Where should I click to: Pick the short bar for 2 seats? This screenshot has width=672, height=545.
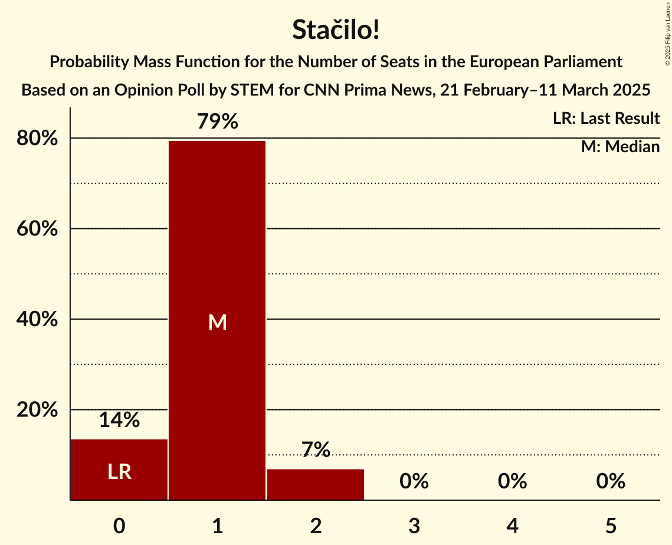(x=316, y=484)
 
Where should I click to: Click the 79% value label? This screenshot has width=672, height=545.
(x=217, y=122)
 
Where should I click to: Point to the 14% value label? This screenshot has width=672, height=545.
(x=119, y=421)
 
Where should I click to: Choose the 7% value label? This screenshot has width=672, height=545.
(x=316, y=450)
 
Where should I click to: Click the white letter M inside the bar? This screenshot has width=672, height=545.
(x=217, y=322)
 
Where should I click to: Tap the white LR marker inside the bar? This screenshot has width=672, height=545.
(x=119, y=472)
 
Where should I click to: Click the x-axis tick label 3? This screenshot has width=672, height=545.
(x=414, y=526)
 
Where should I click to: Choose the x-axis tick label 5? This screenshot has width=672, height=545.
(x=611, y=526)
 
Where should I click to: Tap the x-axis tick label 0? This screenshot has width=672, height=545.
(x=119, y=526)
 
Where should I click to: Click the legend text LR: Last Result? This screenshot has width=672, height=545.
(x=606, y=119)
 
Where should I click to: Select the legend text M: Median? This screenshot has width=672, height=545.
(x=620, y=147)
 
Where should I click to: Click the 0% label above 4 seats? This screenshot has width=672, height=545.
(x=512, y=482)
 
